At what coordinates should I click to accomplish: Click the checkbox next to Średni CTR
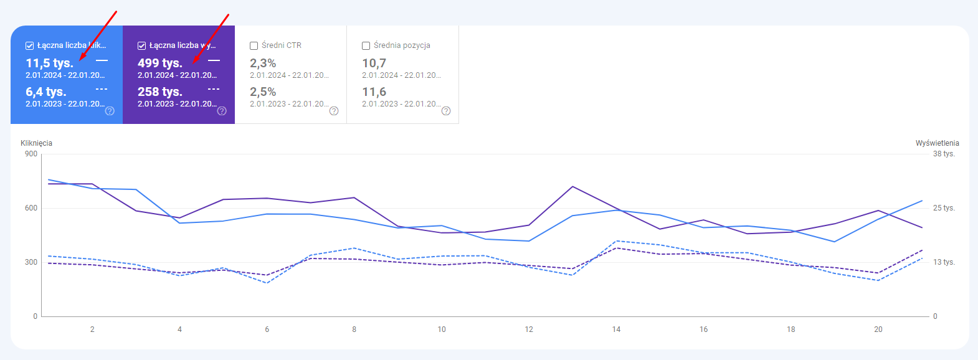coord(254,45)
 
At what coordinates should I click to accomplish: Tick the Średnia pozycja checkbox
coord(366,45)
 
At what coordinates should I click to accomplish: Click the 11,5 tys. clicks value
coord(49,63)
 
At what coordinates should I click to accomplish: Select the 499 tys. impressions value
coord(160,63)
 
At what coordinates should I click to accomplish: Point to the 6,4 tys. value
coord(45,92)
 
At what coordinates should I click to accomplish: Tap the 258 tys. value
coord(160,92)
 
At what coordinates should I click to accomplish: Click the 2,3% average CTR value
coord(263,63)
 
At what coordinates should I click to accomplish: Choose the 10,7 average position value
coord(374,63)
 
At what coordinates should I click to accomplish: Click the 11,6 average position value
coord(374,92)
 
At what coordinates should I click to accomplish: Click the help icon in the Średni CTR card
coord(334,111)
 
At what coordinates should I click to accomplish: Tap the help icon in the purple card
coord(222,111)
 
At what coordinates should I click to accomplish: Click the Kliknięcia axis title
coord(36,143)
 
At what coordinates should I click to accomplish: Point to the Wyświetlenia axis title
coord(937,143)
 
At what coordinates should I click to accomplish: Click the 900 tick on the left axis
coord(31,154)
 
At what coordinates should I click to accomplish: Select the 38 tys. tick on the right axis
coord(944,154)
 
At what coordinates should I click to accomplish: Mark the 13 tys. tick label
coord(944,262)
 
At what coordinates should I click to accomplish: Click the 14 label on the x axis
coord(616,329)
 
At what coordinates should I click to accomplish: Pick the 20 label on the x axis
coord(878,329)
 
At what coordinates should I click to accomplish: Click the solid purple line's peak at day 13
coord(572,186)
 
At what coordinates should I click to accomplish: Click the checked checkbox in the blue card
coord(29,45)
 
